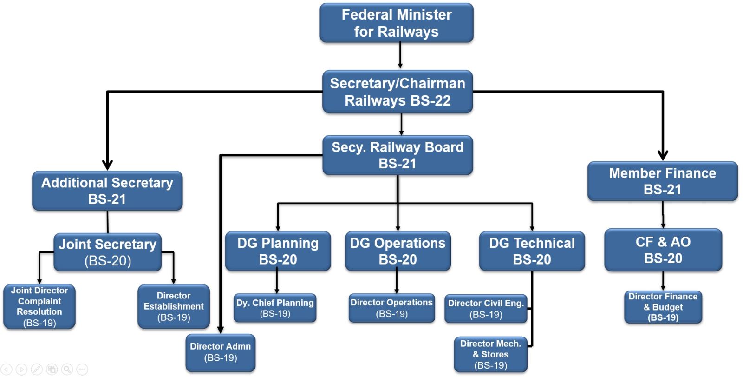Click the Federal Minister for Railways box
point(397,23)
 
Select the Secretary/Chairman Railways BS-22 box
point(398,92)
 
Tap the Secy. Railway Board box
point(398,155)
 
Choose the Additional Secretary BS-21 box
point(107,191)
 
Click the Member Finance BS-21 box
point(663,181)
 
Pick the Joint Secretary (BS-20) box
point(108,252)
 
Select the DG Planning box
point(278,251)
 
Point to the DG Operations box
point(398,251)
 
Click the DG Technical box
point(532,251)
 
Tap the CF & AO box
point(663,250)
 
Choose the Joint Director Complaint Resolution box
point(39,307)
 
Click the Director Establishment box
point(174,307)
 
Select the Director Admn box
point(221,352)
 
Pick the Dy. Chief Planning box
point(275,308)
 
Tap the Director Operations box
point(392,308)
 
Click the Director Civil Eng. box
point(486,309)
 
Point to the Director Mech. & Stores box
point(490,354)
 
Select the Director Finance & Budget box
point(663,307)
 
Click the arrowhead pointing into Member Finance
point(663,156)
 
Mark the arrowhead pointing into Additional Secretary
point(107,165)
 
